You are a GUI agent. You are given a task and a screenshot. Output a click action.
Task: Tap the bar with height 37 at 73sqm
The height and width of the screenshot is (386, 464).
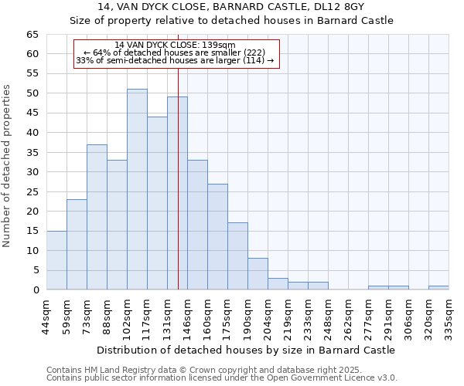click(x=97, y=217)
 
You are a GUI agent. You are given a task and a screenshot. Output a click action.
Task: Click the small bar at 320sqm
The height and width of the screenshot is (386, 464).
click(x=438, y=288)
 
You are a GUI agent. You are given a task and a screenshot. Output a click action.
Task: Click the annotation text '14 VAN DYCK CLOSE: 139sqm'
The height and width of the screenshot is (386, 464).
click(x=175, y=45)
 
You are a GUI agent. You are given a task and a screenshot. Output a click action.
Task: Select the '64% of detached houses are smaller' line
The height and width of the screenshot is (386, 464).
click(x=175, y=52)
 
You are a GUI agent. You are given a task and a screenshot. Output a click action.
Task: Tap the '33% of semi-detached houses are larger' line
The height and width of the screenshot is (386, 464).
click(x=175, y=61)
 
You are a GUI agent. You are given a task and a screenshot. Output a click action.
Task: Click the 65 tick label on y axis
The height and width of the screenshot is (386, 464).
click(x=32, y=35)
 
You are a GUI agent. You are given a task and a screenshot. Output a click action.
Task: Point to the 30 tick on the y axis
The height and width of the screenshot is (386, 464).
click(x=32, y=172)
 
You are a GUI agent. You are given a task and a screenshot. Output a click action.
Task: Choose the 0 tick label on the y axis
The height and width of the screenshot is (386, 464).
click(x=35, y=290)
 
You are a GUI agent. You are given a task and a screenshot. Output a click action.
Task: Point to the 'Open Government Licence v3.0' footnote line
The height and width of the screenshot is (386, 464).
click(x=222, y=378)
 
